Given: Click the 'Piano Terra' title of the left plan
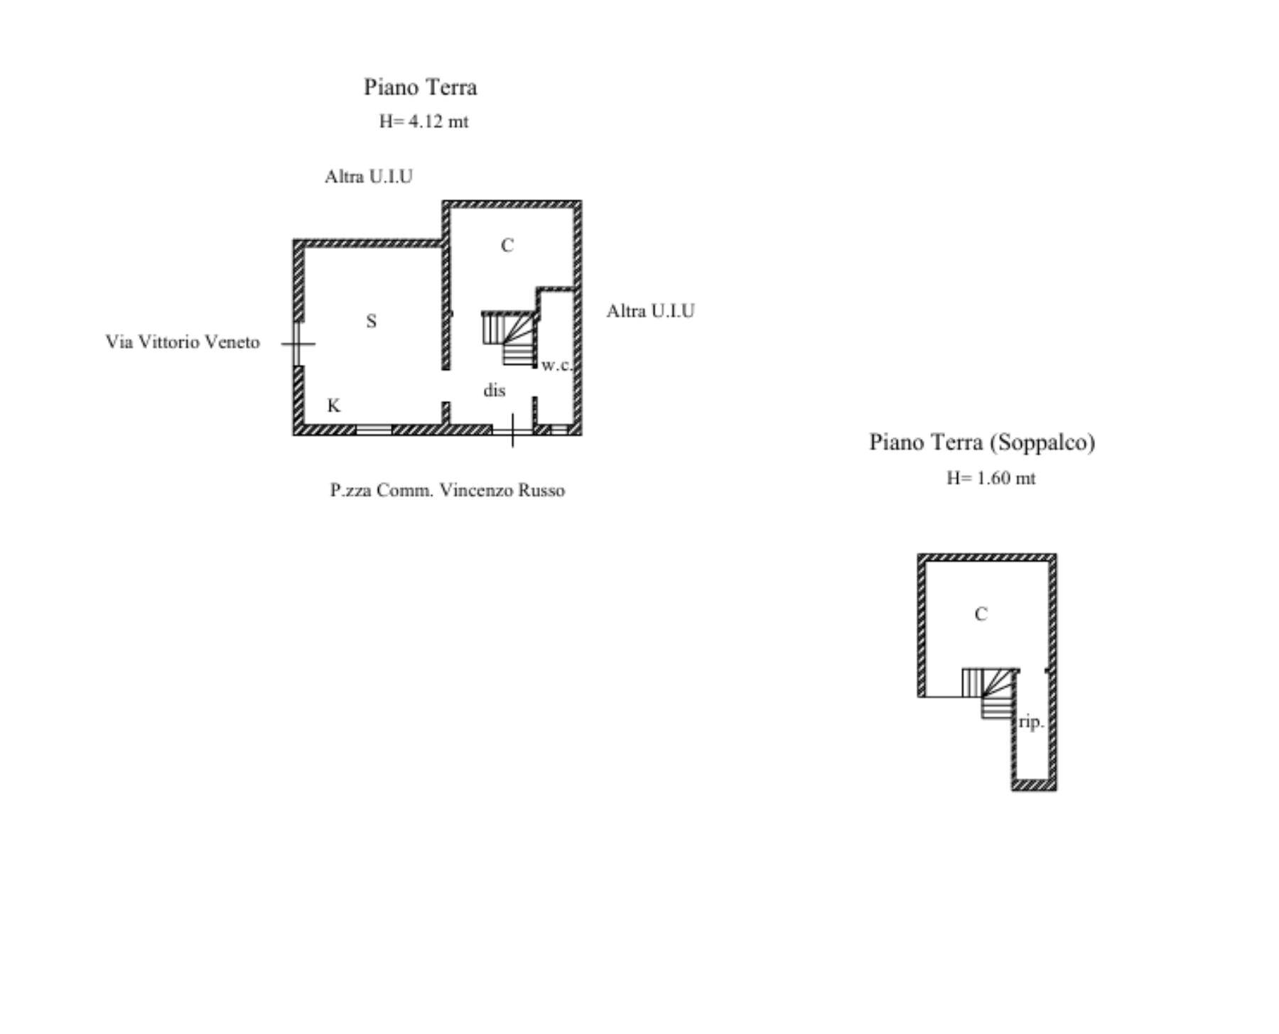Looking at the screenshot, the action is pyautogui.click(x=421, y=87).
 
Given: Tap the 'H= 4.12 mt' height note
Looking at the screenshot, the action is pyautogui.click(x=423, y=121).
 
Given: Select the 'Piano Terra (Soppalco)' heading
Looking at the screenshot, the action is pyautogui.click(x=982, y=442).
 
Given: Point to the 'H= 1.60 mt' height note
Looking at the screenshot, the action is pyautogui.click(x=991, y=478).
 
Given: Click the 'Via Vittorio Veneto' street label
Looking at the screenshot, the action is pyautogui.click(x=183, y=342).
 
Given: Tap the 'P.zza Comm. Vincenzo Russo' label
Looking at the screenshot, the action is pyautogui.click(x=447, y=490).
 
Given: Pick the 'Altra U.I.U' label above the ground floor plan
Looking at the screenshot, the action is pyautogui.click(x=368, y=177).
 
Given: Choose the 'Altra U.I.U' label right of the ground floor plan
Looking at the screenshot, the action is pyautogui.click(x=650, y=311).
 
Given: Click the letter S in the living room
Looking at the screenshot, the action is pyautogui.click(x=371, y=321).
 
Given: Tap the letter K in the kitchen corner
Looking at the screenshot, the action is pyautogui.click(x=333, y=406).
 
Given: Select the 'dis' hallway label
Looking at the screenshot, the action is pyautogui.click(x=495, y=390).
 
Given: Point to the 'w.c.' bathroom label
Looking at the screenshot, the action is pyautogui.click(x=556, y=365).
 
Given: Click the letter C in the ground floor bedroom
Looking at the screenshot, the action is pyautogui.click(x=507, y=245).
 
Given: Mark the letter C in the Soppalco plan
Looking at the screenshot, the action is pyautogui.click(x=981, y=614).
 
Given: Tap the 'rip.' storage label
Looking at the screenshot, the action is pyautogui.click(x=1031, y=722).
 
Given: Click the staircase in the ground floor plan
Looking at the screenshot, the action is pyautogui.click(x=509, y=338).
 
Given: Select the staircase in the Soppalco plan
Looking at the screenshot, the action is pyautogui.click(x=989, y=693).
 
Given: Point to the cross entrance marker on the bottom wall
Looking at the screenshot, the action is pyautogui.click(x=512, y=431).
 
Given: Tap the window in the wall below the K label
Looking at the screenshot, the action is pyautogui.click(x=374, y=430).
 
